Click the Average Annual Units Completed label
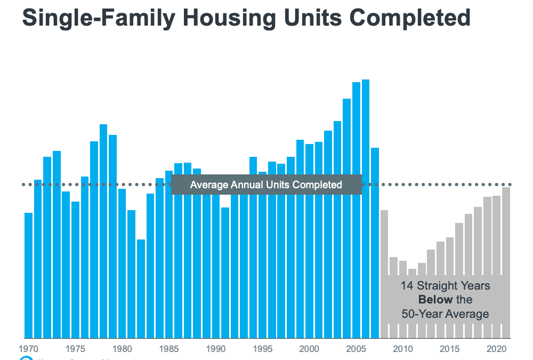click(266, 185)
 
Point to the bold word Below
click(435, 300)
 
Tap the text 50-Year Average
click(445, 314)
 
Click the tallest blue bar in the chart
click(366, 208)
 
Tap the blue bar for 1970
click(29, 275)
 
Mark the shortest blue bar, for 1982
click(141, 288)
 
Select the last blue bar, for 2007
click(375, 243)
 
